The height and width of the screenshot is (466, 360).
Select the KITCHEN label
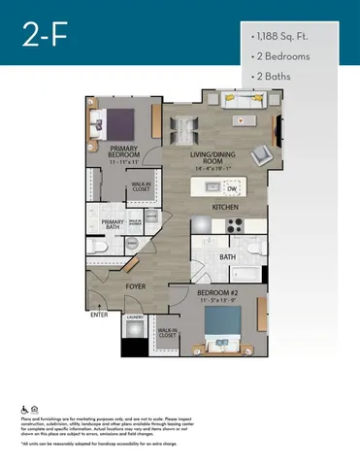(227, 207)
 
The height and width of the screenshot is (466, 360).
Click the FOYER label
(134, 287)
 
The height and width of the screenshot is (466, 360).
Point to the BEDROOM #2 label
(213, 294)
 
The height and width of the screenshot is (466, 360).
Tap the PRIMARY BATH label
(115, 225)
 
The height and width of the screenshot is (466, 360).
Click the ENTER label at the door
(99, 315)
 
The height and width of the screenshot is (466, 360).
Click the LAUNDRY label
(135, 317)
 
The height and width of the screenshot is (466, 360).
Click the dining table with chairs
(185, 126)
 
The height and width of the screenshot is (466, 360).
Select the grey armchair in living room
(263, 156)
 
